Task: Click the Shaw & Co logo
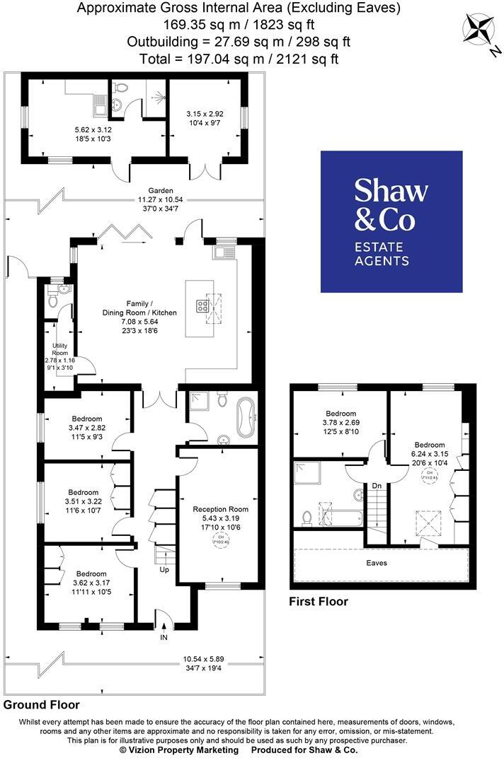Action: [391, 221]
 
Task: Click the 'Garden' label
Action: [161, 191]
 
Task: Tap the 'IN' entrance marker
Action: [164, 636]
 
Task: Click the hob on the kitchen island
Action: [201, 306]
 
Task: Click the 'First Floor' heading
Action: [319, 602]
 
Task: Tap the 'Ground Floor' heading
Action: [42, 705]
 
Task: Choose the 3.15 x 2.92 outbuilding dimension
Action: [205, 114]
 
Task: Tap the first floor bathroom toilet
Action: [307, 518]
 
